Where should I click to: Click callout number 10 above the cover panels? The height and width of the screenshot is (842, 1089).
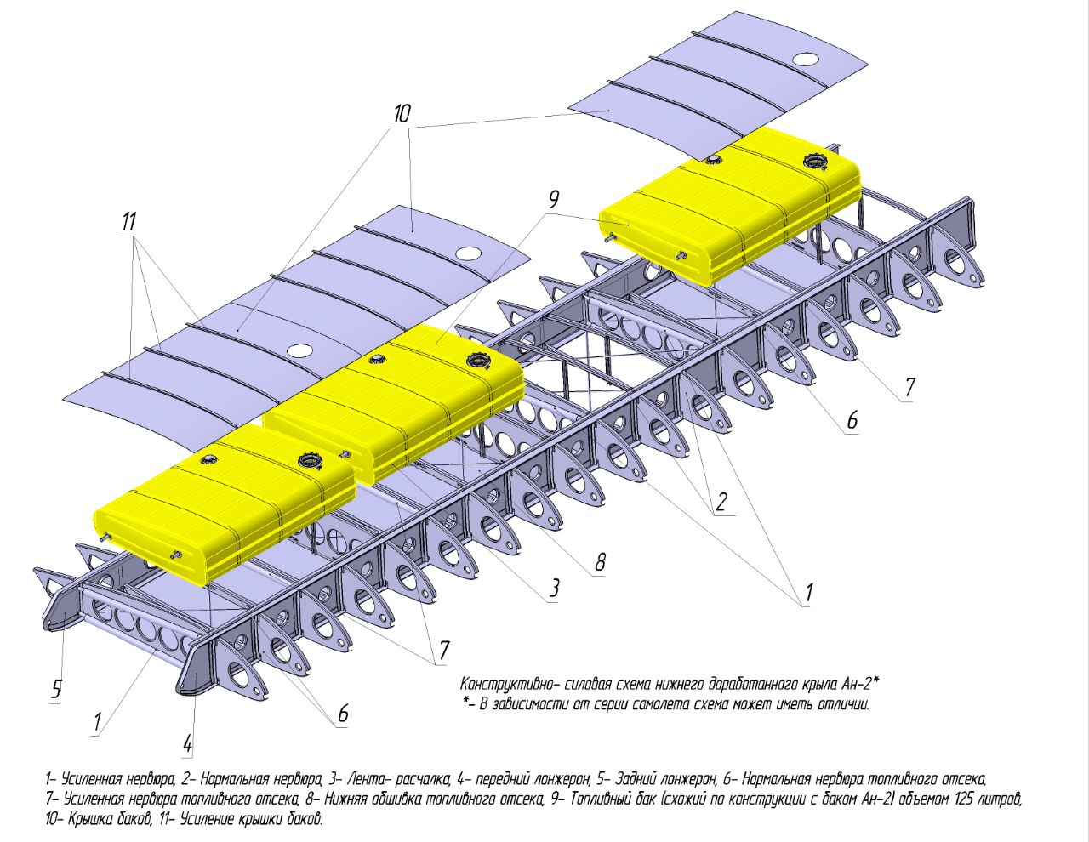[x=402, y=113]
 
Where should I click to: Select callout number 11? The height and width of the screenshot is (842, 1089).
[x=128, y=223]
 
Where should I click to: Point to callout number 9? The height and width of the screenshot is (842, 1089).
[x=553, y=201]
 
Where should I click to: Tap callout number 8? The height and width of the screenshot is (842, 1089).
[x=600, y=561]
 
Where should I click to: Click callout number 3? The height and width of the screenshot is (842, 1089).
[x=554, y=588]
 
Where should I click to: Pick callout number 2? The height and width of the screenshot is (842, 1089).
[x=721, y=502]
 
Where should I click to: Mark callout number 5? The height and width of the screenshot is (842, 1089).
[x=56, y=688]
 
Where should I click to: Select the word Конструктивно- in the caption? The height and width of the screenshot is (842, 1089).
[x=501, y=684]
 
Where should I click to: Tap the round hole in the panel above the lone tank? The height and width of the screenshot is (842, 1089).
[x=806, y=60]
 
